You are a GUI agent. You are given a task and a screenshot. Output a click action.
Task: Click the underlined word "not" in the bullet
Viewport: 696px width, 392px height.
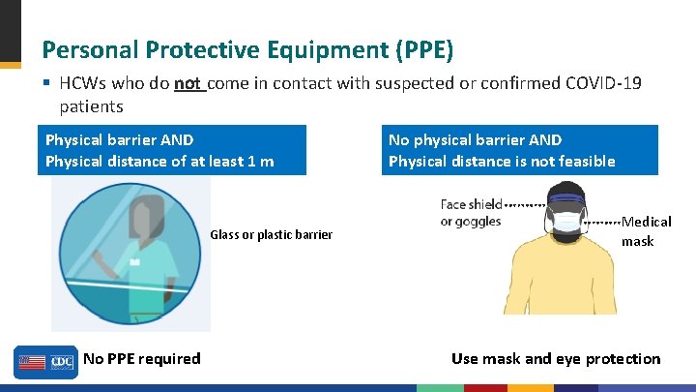[x=187, y=84]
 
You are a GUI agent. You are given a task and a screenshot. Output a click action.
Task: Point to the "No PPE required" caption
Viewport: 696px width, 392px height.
[x=142, y=359]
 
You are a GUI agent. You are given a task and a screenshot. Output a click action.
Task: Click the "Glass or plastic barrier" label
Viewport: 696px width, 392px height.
[x=271, y=234]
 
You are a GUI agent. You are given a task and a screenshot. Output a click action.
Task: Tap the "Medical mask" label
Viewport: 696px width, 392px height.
[x=646, y=231]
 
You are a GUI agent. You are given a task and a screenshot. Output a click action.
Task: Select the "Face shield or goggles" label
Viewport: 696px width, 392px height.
[x=471, y=213]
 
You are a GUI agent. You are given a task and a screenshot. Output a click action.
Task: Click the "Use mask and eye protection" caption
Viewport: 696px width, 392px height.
[x=556, y=359]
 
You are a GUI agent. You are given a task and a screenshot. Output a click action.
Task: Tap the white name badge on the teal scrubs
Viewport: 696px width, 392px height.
[x=135, y=261]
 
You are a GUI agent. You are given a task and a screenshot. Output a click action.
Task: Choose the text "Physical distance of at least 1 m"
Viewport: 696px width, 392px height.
[x=159, y=161]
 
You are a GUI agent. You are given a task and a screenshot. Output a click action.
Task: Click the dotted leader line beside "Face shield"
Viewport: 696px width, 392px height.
[x=523, y=206]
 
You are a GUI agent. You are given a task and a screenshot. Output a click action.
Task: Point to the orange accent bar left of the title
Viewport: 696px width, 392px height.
[x=10, y=65]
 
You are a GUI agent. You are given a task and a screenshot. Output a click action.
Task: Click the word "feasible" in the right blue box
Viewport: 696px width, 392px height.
[x=583, y=161]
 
